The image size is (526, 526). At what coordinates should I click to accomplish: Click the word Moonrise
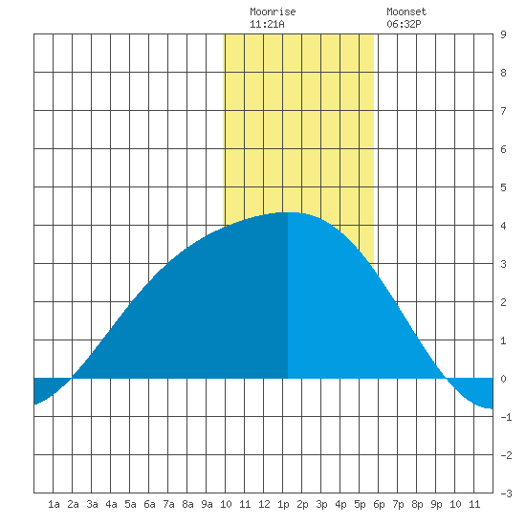click(273, 11)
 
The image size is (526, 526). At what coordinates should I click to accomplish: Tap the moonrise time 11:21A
click(267, 24)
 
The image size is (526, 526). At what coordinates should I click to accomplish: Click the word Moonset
click(406, 11)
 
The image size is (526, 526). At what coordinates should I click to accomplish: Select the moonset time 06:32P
click(404, 24)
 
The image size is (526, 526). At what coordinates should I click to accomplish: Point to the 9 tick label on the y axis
click(503, 34)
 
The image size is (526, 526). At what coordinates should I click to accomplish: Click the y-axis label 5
click(503, 187)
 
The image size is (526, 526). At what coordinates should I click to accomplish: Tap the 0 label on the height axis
click(503, 379)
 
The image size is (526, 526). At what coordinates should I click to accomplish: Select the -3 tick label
click(506, 493)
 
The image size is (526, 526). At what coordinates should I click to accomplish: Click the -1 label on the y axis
click(506, 417)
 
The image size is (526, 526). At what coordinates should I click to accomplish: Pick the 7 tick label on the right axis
click(503, 111)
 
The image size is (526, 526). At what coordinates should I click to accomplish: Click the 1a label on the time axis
click(54, 504)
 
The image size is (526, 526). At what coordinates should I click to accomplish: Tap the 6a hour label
click(149, 504)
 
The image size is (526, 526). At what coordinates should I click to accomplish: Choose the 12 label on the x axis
click(264, 504)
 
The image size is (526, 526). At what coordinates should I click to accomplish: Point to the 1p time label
click(283, 504)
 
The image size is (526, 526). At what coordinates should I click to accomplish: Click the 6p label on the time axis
click(379, 504)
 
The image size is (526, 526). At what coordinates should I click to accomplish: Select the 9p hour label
click(436, 504)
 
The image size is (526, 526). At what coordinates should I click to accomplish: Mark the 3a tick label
click(92, 504)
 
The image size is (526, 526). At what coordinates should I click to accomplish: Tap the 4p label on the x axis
click(340, 504)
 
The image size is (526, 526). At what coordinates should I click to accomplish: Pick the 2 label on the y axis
click(503, 302)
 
